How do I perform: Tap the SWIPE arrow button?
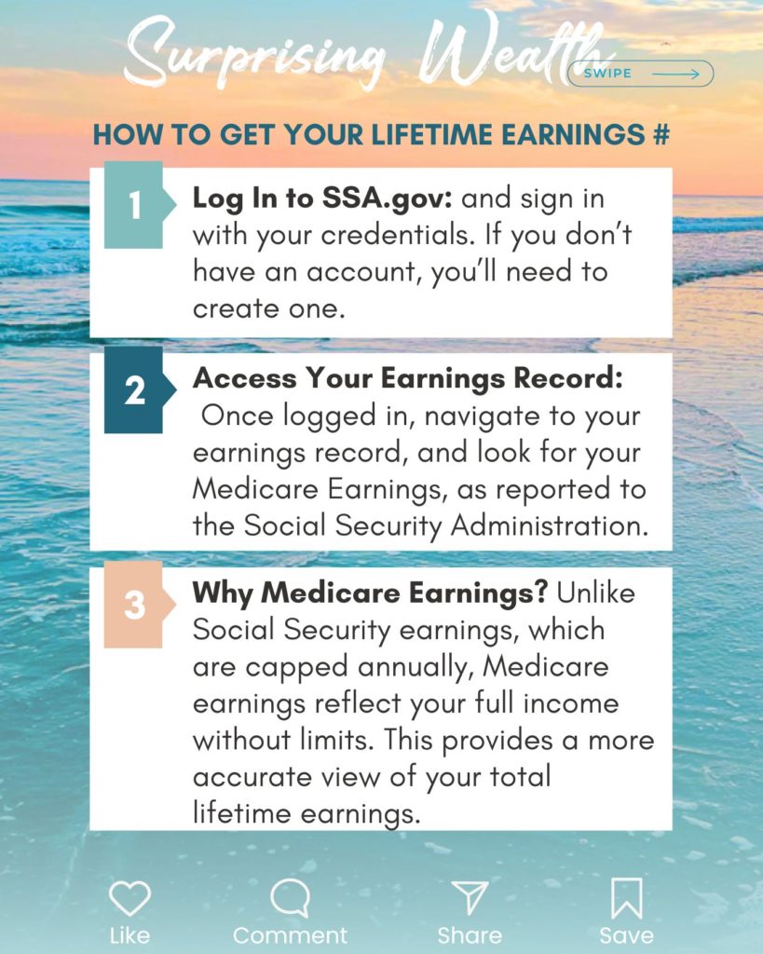click(640, 74)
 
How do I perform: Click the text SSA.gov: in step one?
click(387, 198)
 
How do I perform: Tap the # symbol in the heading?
click(661, 134)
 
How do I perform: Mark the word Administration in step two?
click(550, 525)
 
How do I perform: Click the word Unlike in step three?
click(595, 593)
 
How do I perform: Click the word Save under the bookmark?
click(626, 935)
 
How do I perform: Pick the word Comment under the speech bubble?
click(290, 935)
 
